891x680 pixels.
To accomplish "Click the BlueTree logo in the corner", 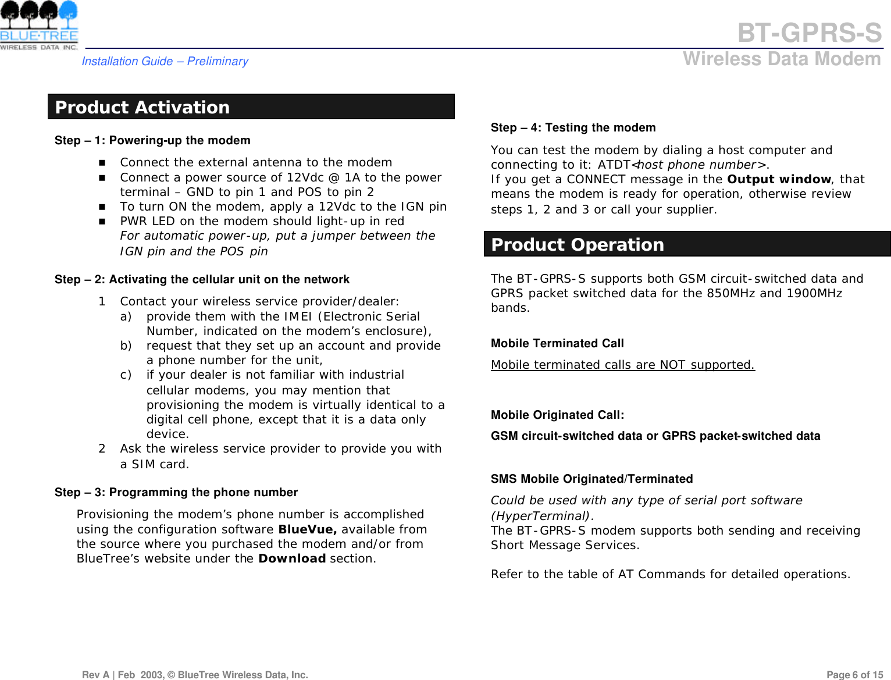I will [x=39, y=26].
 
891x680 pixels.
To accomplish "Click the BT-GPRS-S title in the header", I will [x=809, y=33].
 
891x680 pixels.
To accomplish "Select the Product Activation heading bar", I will [x=251, y=107].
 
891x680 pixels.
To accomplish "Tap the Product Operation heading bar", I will [x=686, y=244].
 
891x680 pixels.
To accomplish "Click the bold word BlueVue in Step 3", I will [x=307, y=529].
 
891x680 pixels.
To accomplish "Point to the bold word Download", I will [x=291, y=558].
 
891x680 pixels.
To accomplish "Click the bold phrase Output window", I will [x=779, y=179].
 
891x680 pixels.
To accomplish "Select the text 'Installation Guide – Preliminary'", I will [x=165, y=61].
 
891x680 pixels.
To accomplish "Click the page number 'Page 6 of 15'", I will [x=854, y=675].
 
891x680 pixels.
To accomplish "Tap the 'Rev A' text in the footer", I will [x=96, y=675].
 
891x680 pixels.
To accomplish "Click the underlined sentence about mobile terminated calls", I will [x=622, y=365].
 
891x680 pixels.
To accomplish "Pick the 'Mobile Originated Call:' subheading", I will [x=557, y=415].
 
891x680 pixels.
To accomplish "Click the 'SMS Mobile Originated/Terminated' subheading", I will [x=591, y=479].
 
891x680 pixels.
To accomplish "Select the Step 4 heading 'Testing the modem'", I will [x=600, y=127].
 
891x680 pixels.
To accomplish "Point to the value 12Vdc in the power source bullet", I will [x=305, y=177].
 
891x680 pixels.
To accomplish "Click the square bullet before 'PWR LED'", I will [x=102, y=222].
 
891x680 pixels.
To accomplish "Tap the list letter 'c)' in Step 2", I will [x=126, y=375].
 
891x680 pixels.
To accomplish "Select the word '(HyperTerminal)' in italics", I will [x=540, y=516].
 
